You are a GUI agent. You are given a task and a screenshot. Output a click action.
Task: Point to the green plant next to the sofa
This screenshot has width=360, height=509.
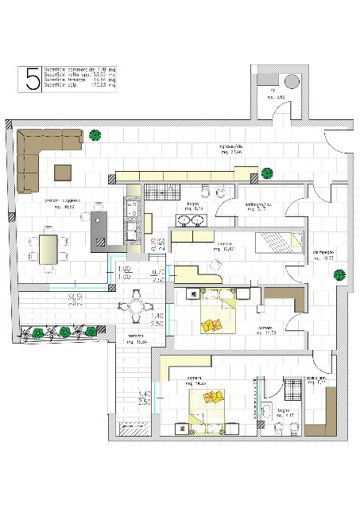click(95, 135)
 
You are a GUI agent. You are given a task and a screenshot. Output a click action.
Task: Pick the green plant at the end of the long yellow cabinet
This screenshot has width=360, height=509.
click(268, 172)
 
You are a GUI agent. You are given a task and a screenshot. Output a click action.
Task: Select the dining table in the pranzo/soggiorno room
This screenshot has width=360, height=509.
click(49, 246)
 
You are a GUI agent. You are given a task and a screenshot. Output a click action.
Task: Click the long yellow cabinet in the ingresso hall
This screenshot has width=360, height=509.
click(186, 175)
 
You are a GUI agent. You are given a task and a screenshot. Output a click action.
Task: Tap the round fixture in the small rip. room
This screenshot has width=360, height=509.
click(291, 81)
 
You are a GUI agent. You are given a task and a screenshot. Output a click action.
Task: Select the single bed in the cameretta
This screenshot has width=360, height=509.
click(278, 240)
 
